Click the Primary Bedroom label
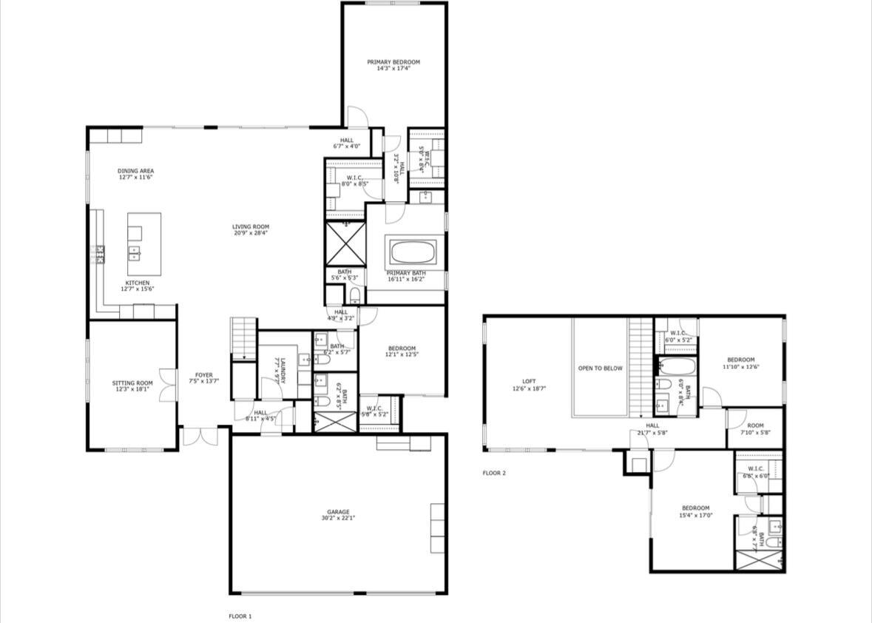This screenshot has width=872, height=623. [393, 62]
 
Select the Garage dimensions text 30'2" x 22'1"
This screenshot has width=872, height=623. [339, 518]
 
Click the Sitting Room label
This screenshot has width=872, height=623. [132, 383]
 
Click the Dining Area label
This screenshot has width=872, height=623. [136, 171]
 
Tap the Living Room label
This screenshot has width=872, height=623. [251, 227]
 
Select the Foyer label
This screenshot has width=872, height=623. [204, 375]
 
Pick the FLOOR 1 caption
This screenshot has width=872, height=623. [240, 616]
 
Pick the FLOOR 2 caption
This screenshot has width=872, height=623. [494, 473]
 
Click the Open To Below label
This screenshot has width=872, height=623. [600, 368]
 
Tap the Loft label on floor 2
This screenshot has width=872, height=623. [529, 381]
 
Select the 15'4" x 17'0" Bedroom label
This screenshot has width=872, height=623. [695, 508]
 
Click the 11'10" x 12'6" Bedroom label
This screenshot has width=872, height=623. [740, 360]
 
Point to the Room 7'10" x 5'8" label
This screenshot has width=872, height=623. [755, 425]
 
